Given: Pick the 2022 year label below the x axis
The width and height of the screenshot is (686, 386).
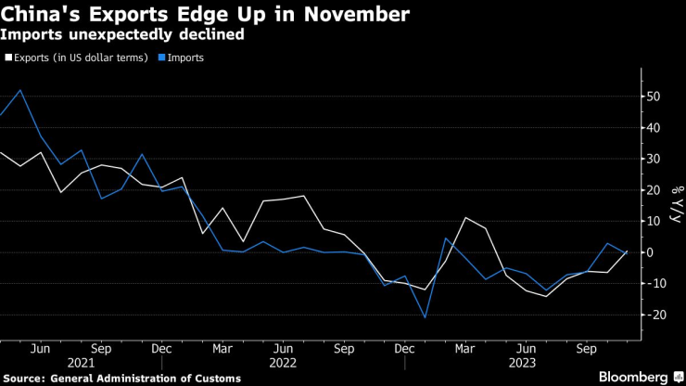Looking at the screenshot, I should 283,363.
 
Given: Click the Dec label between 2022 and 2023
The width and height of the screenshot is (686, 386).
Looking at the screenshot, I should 403,349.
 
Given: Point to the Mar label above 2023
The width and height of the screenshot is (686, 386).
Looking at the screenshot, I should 466,349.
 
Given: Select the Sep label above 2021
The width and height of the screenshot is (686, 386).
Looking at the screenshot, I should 101,349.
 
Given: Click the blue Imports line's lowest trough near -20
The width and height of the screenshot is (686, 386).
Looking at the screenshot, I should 426,317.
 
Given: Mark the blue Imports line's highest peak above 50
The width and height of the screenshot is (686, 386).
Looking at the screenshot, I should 20,90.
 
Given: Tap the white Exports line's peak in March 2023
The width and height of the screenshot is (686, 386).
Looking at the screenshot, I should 466,218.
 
